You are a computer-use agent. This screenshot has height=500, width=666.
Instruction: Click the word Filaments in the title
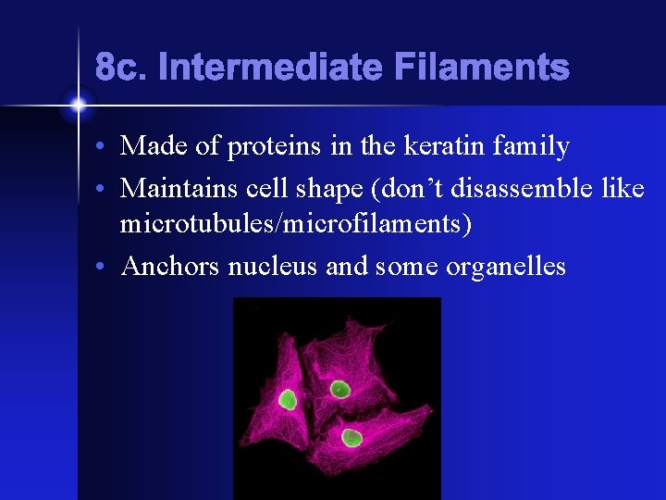point(481,68)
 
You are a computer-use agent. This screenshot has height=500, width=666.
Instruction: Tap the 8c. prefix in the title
point(122,68)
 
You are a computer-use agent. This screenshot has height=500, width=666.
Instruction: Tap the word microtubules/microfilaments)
point(297,224)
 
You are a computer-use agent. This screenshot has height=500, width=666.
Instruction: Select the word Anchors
point(172,267)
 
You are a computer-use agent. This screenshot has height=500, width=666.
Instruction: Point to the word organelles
point(506,267)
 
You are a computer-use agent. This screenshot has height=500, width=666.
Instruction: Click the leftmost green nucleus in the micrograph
point(288,399)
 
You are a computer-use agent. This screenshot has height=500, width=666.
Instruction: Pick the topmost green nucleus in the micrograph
point(339,389)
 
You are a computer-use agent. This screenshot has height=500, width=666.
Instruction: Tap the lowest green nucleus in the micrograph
point(351,437)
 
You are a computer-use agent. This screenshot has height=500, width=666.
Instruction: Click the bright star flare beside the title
point(78,105)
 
